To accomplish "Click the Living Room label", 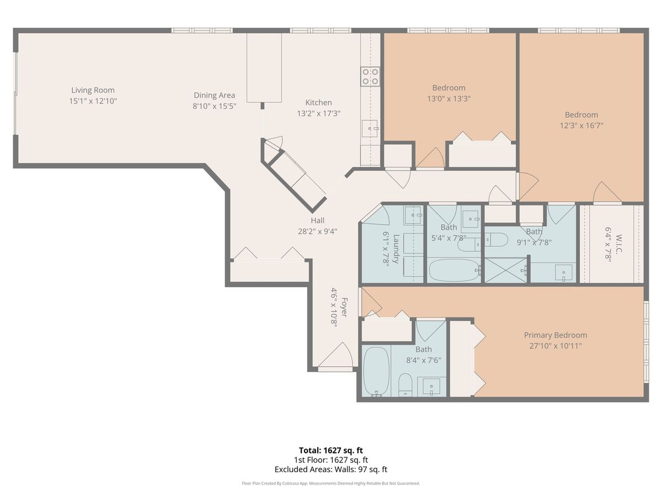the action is pos(93,90).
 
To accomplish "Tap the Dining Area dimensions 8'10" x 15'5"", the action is pos(214,106).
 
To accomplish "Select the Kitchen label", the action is pos(318,103).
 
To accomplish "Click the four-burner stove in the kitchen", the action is pos(370,76).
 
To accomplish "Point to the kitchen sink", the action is pos(370,128).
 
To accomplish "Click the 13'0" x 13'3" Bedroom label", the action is pos(449,88).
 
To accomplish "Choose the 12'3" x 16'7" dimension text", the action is pos(581,125).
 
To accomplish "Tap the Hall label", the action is pos(317,220).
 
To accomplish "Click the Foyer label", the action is pos(344,307).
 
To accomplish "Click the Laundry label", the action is pos(396,248).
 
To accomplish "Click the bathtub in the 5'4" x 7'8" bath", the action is pos(454,270).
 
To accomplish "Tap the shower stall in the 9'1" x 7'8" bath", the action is pos(505,270).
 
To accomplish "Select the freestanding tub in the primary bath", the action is pos(376,371).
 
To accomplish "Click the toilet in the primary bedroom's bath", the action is pos(405,385).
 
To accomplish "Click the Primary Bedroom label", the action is pos(555,335).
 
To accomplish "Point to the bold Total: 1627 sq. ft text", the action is pos(331,450).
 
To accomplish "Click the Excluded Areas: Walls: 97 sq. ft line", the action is pos(331,469).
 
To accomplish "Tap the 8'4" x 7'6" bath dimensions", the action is pos(424,360).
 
